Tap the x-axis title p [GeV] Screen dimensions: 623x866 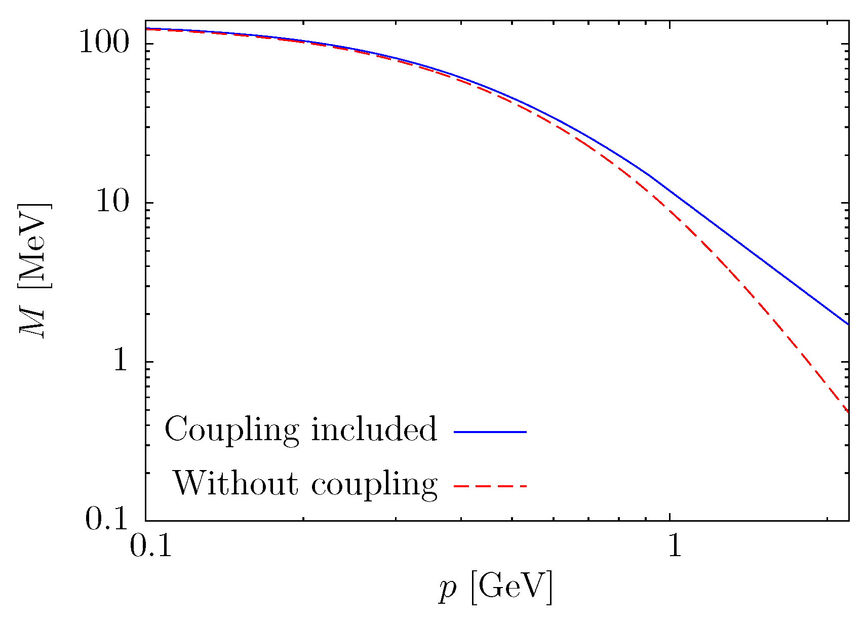click(495, 588)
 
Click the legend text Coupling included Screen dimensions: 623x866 click(300, 430)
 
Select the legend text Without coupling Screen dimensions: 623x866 click(305, 484)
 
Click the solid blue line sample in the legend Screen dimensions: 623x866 click(490, 432)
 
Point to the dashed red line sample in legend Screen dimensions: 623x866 click(490, 486)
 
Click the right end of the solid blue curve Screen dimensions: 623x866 click(847, 324)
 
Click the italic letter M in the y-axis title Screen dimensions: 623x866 click(34, 322)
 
